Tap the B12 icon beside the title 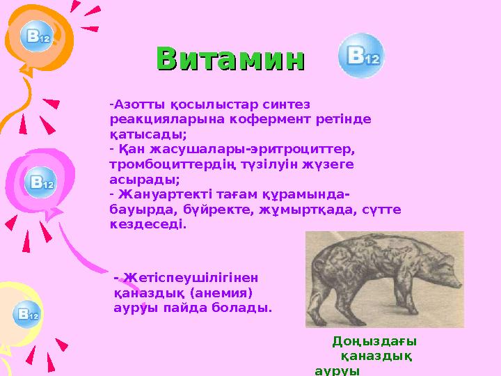(360, 58)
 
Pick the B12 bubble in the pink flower (40, 184)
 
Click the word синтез (287, 104)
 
